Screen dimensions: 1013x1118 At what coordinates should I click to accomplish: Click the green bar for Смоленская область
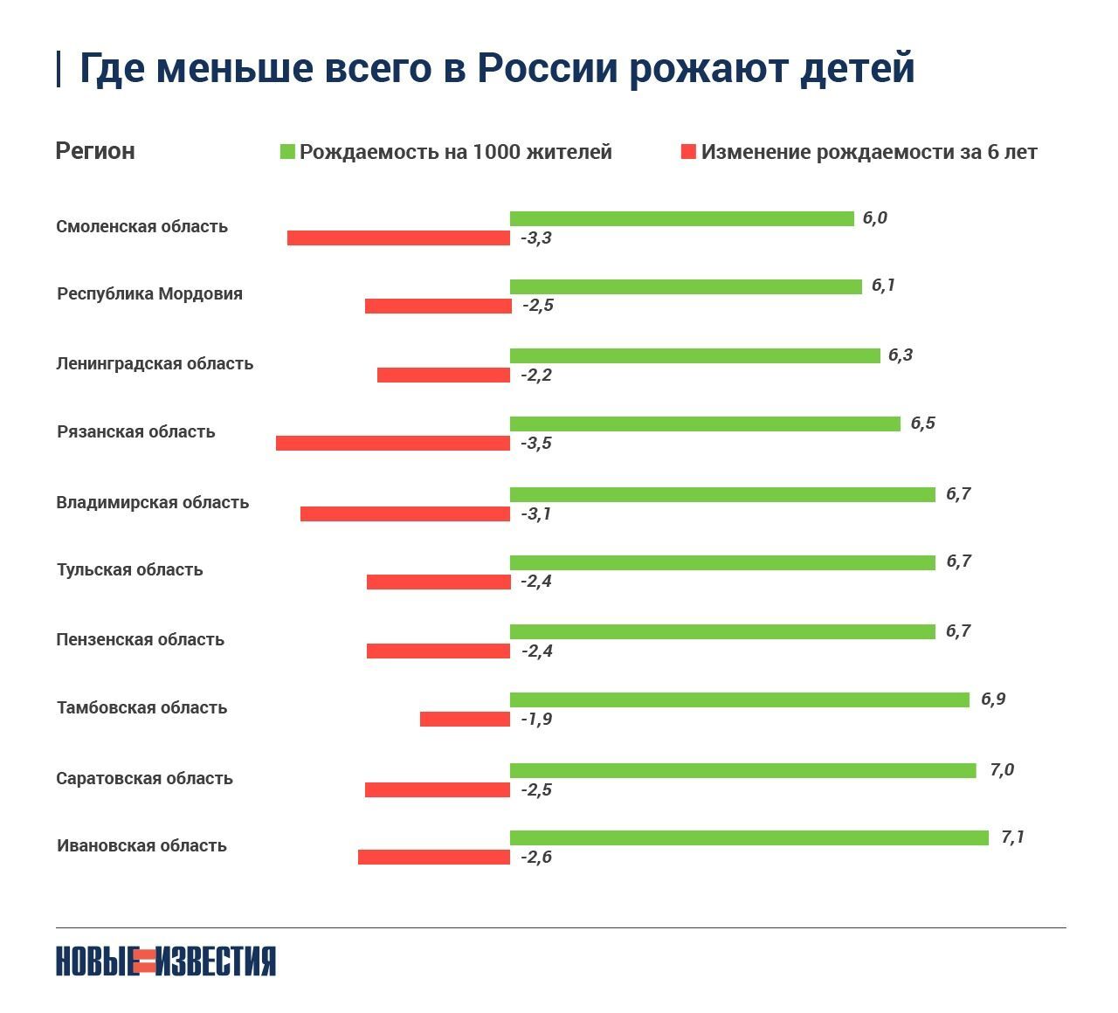681,218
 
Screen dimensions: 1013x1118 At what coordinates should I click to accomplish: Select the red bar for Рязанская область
393,444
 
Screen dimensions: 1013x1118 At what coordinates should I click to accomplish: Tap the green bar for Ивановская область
749,837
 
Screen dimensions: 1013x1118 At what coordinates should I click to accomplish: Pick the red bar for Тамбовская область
465,720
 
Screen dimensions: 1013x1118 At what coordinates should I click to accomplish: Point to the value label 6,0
874,218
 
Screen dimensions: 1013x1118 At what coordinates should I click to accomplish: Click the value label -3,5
536,444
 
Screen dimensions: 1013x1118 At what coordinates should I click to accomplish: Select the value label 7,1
1012,837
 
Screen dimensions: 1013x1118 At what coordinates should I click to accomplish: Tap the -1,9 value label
536,720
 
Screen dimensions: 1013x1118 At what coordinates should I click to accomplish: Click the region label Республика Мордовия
149,294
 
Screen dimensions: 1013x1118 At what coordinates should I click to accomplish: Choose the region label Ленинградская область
155,363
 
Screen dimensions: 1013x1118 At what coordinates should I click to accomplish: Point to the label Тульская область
129,570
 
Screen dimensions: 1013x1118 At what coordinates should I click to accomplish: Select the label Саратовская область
144,778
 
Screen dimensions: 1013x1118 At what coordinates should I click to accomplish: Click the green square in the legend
287,152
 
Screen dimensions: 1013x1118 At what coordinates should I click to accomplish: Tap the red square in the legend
688,152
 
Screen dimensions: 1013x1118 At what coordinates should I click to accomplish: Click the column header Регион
95,151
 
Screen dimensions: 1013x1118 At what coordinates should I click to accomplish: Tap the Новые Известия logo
166,961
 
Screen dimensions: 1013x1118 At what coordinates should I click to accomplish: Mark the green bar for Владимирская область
722,494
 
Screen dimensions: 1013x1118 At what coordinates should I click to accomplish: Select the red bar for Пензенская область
438,651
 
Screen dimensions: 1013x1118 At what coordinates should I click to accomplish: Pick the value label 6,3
900,355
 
